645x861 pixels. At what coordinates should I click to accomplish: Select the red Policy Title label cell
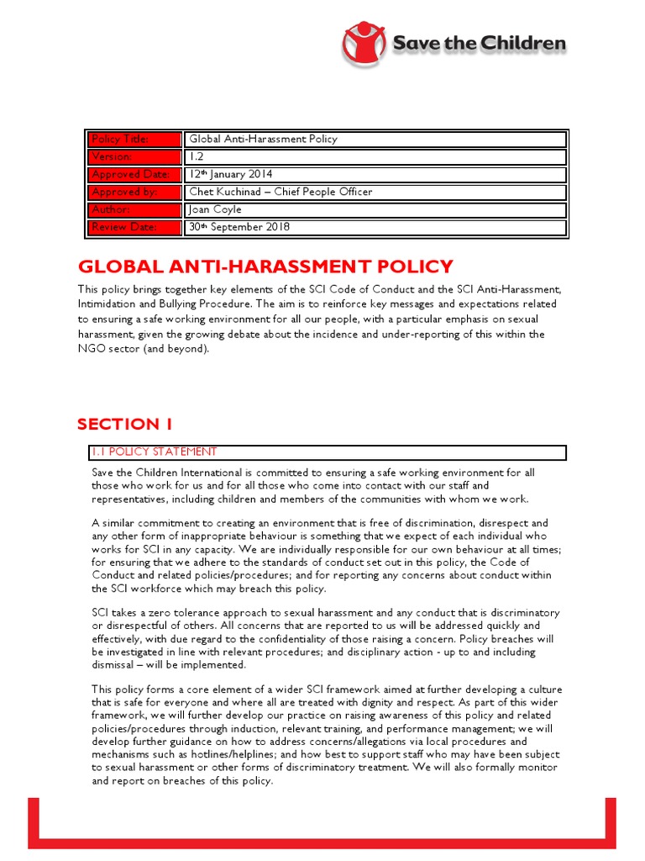[x=135, y=140]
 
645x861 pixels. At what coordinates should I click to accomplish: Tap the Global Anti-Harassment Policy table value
[x=263, y=140]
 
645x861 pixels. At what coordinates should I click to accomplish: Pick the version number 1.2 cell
[x=195, y=157]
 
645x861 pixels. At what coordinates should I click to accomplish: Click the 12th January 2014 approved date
[x=230, y=175]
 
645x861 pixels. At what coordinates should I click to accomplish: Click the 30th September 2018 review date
[x=239, y=228]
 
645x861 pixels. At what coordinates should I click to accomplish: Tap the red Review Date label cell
[x=135, y=228]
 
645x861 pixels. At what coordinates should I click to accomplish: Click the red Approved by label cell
[x=135, y=193]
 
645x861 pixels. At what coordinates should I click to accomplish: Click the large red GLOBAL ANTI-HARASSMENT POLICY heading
[x=265, y=267]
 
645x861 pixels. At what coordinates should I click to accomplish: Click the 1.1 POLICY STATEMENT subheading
[x=154, y=452]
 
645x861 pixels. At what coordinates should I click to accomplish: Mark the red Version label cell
[x=135, y=157]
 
